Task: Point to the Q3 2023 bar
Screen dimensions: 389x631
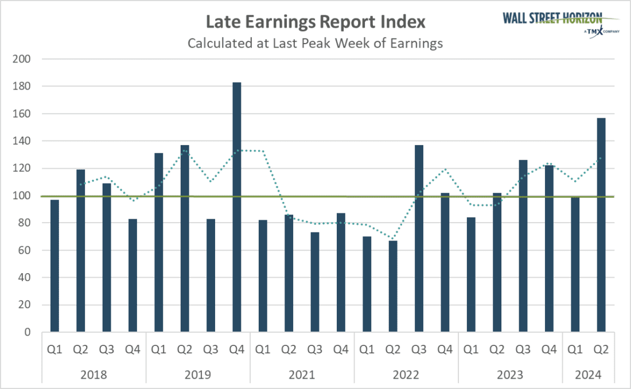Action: [523, 246]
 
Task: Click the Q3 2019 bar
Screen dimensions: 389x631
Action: [211, 275]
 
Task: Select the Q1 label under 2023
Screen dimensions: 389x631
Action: [471, 348]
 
